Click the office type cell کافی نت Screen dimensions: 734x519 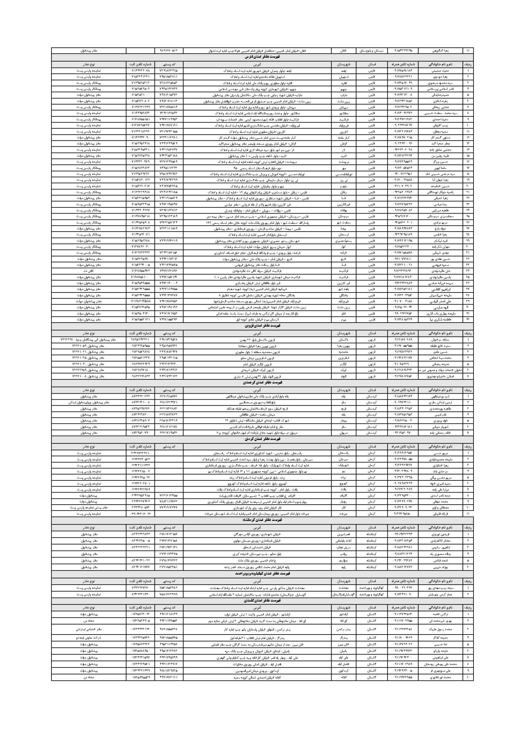click(88, 271)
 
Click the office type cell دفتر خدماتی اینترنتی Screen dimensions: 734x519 click(88, 629)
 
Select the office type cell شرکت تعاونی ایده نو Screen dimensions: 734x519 click(88, 638)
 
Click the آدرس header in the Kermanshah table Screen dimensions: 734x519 click(257, 527)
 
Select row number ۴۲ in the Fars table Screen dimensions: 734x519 click(468, 319)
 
